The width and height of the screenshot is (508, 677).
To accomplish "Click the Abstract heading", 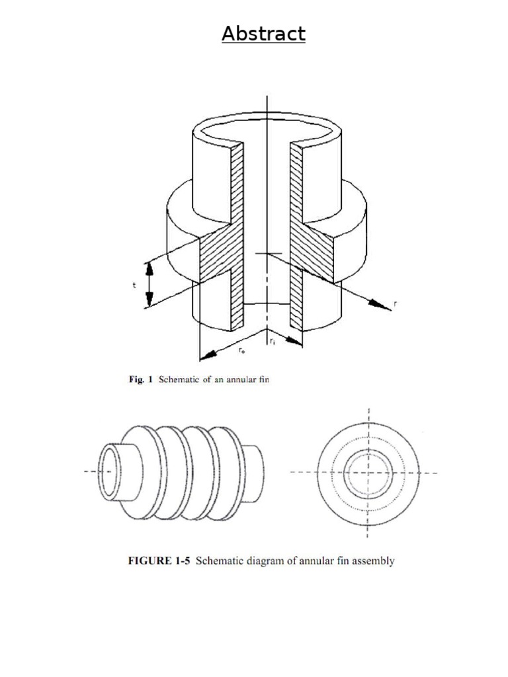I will coord(263,34).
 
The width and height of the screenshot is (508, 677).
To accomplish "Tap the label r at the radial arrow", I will coord(395,304).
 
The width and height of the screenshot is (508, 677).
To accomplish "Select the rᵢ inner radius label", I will coord(273,340).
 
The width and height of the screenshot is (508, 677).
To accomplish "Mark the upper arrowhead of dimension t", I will coord(149,266).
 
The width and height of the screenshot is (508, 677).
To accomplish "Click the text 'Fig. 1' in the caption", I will coord(140,379).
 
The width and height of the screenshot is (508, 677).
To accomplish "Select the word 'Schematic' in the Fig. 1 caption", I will coord(179,379).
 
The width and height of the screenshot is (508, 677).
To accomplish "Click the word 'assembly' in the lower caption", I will coord(372,561).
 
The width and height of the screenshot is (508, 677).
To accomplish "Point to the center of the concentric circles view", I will coord(368,472).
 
